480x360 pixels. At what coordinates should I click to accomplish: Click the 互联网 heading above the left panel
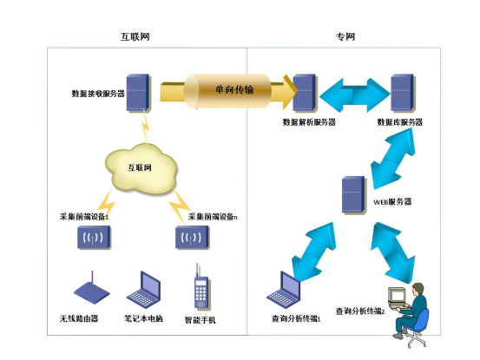click(x=135, y=36)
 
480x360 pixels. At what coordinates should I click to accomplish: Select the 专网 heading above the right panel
click(x=345, y=36)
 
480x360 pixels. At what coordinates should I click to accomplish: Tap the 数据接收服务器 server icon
click(x=138, y=92)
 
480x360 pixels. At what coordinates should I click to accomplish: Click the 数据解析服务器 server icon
click(x=305, y=92)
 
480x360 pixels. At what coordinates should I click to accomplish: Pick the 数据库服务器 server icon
click(x=403, y=92)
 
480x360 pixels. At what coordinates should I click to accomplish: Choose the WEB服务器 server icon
click(x=354, y=195)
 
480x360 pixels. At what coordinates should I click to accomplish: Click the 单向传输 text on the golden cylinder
click(x=234, y=89)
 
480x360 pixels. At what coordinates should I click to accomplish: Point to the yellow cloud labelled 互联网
click(x=141, y=168)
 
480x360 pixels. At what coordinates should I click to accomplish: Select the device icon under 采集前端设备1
click(x=94, y=238)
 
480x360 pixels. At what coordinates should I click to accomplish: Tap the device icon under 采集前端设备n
click(x=192, y=238)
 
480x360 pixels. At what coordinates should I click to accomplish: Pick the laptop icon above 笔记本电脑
click(x=144, y=290)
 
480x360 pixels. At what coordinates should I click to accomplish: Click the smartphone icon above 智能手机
click(x=201, y=286)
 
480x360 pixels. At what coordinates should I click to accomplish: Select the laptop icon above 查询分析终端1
click(x=284, y=290)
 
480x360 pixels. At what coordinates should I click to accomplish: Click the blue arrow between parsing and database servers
click(x=354, y=95)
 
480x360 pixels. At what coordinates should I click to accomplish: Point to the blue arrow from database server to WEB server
click(x=393, y=159)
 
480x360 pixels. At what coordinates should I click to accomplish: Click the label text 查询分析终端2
click(x=360, y=311)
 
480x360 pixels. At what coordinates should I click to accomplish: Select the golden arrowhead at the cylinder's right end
click(x=290, y=91)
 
